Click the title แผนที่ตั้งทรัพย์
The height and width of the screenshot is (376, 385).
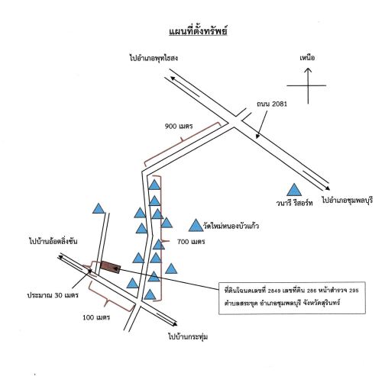pyautogui.click(x=198, y=31)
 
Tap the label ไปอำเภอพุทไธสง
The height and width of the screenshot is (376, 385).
pyautogui.click(x=154, y=58)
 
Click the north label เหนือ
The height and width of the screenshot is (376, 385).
pyautogui.click(x=307, y=58)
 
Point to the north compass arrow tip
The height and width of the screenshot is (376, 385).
pyautogui.click(x=308, y=68)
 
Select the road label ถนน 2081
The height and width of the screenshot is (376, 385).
pyautogui.click(x=272, y=104)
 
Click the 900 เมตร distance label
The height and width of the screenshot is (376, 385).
pyautogui.click(x=179, y=126)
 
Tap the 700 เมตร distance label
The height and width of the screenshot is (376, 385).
pyautogui.click(x=191, y=242)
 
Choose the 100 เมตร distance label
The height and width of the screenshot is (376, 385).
pyautogui.click(x=96, y=317)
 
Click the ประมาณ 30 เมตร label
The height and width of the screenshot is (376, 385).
pyautogui.click(x=53, y=295)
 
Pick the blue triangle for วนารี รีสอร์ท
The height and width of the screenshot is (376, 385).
pyautogui.click(x=294, y=190)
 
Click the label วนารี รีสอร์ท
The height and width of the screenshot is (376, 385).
pyautogui.click(x=294, y=203)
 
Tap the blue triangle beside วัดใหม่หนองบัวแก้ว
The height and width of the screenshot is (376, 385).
pyautogui.click(x=196, y=226)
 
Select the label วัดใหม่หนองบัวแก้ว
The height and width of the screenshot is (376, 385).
pyautogui.click(x=231, y=226)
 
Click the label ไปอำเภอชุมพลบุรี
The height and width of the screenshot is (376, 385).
pyautogui.click(x=348, y=200)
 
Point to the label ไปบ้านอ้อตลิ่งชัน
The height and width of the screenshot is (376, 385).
pyautogui.click(x=53, y=241)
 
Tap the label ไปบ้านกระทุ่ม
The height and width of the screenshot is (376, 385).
pyautogui.click(x=188, y=336)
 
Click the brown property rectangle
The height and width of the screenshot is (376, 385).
pyautogui.click(x=110, y=267)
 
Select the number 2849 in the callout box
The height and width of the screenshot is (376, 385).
pyautogui.click(x=274, y=291)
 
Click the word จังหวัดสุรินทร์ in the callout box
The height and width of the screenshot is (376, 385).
pyautogui.click(x=322, y=303)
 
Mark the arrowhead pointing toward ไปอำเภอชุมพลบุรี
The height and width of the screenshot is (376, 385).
pyautogui.click(x=328, y=188)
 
